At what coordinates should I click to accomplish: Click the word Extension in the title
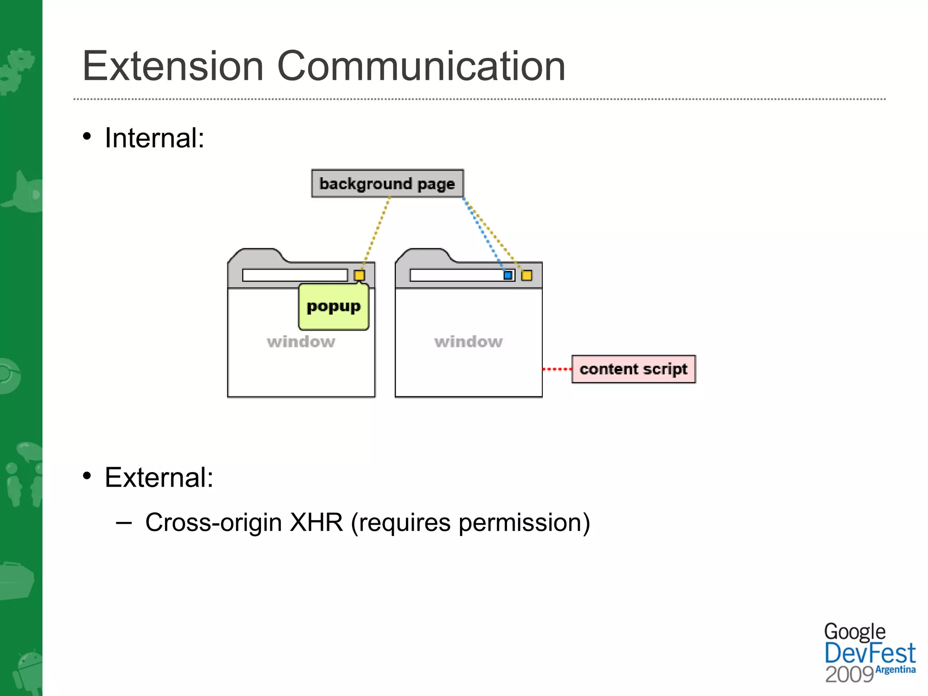click(x=173, y=66)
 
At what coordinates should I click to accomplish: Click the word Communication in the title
click(x=421, y=66)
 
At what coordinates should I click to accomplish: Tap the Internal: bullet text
click(x=154, y=138)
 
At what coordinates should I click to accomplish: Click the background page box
click(x=387, y=184)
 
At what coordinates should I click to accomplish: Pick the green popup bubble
click(x=333, y=307)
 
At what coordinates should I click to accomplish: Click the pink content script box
click(x=633, y=369)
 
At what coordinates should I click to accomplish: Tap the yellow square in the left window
click(x=359, y=275)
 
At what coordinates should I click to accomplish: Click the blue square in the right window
click(x=508, y=275)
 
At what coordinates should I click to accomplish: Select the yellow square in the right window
click(x=527, y=275)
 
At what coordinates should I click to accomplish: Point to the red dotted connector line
click(x=557, y=369)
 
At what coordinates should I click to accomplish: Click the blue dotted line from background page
click(x=484, y=235)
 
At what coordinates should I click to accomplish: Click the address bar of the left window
click(x=295, y=275)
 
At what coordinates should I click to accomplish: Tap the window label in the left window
click(x=301, y=342)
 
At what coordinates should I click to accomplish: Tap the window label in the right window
click(x=469, y=342)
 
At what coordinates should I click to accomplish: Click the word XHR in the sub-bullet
click(x=316, y=522)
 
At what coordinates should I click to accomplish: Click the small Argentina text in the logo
click(x=895, y=670)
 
